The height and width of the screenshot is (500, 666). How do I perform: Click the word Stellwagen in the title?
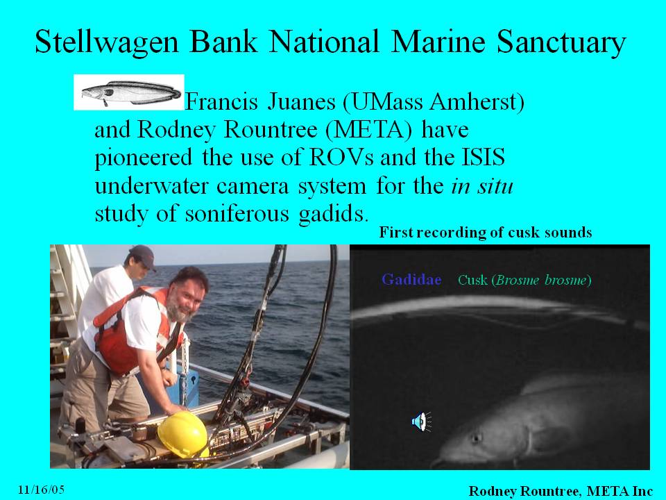click(x=107, y=42)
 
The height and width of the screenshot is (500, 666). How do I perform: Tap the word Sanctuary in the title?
click(x=561, y=43)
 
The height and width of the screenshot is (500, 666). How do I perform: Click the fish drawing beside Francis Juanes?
click(x=129, y=92)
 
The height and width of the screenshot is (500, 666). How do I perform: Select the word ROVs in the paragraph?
click(x=341, y=157)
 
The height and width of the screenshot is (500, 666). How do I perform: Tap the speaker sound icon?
click(x=421, y=422)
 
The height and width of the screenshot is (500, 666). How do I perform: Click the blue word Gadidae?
click(x=411, y=279)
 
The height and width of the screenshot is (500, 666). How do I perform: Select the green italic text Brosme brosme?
click(x=542, y=280)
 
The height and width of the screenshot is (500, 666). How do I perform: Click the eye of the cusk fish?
click(x=476, y=437)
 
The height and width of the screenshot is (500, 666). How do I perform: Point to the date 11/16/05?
click(x=41, y=490)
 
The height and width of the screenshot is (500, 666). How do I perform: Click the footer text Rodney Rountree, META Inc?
click(x=561, y=491)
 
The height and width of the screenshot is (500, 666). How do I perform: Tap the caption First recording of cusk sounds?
click(x=486, y=232)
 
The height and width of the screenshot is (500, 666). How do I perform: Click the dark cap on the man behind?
click(x=143, y=256)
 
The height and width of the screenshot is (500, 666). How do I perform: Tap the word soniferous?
click(x=237, y=213)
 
